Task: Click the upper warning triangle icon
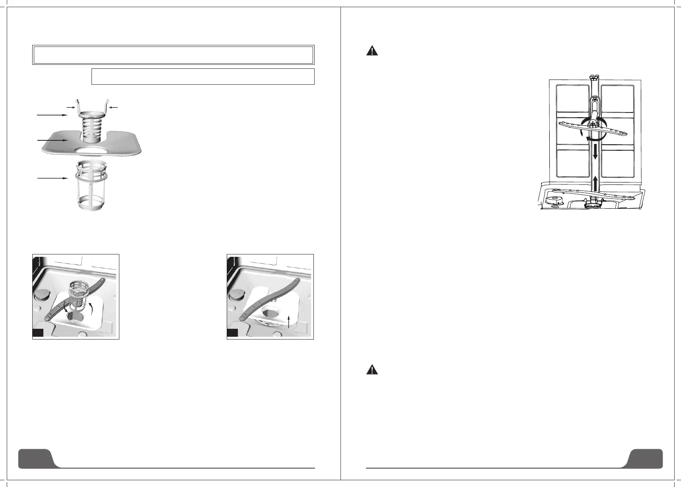coord(372,51)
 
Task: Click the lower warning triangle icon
coord(372,370)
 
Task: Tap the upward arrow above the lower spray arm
coord(595,184)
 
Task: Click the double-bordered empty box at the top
coord(173,55)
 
